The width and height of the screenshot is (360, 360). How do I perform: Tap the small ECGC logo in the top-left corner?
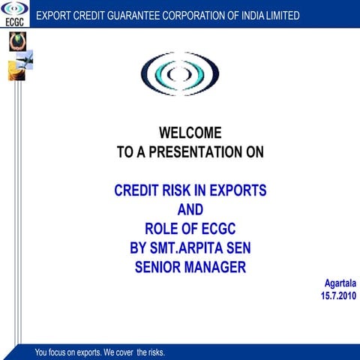[x=15, y=13]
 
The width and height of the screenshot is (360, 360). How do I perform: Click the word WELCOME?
[x=190, y=133]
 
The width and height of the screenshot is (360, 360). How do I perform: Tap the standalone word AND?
[x=190, y=210]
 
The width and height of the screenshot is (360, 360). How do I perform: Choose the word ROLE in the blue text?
[x=160, y=229]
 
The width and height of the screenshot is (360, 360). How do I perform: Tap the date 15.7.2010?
[x=338, y=296]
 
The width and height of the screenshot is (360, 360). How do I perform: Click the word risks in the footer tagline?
[x=154, y=352]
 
